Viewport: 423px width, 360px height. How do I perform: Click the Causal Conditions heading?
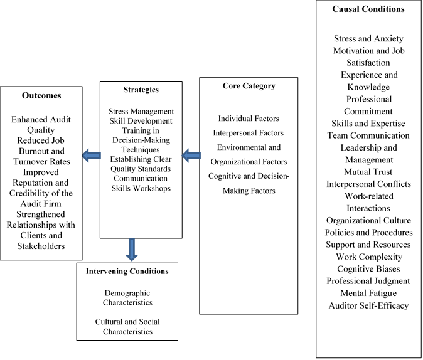pos(368,9)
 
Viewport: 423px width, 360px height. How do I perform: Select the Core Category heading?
pos(249,86)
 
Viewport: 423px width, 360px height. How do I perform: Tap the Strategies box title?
pos(141,90)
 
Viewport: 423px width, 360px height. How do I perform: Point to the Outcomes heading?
pos(41,95)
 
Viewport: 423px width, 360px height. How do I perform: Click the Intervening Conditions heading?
pos(127,272)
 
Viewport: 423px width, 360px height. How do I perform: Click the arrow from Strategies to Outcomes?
pos(92,156)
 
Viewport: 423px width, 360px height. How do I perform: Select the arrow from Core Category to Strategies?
pos(191,156)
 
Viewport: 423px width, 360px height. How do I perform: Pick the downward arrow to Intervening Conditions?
pos(132,250)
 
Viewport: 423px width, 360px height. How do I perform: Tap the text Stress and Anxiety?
pos(368,38)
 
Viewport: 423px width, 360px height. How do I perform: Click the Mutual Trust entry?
pos(368,172)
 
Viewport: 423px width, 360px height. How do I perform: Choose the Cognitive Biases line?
pos(368,269)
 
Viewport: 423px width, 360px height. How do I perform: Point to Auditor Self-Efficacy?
pos(368,305)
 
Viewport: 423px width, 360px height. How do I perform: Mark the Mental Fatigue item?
pos(368,293)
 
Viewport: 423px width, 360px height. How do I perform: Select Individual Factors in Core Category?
pos(249,119)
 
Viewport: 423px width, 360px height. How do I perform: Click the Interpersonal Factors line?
pos(248,133)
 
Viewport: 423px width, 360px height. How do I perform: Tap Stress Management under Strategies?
pos(141,112)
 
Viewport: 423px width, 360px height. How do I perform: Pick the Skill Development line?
pos(141,121)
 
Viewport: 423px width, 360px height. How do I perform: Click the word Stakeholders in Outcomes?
pos(41,246)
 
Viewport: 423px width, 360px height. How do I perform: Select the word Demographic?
pos(127,293)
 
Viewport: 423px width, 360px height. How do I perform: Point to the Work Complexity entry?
pos(369,257)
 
